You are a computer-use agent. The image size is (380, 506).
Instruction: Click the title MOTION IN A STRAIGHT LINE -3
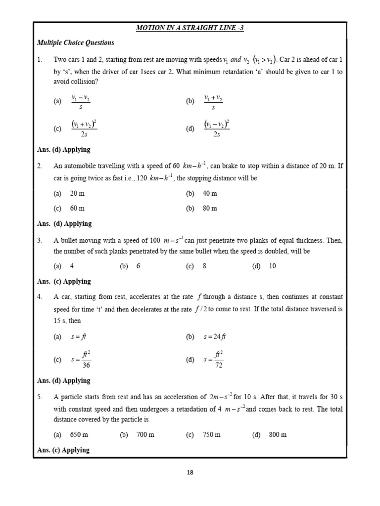point(190,28)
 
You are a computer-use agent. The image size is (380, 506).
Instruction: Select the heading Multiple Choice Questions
point(76,43)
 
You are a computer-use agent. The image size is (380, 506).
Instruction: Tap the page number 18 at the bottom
point(190,472)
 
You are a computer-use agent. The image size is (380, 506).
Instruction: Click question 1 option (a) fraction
point(81,101)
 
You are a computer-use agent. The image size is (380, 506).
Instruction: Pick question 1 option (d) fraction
point(216,129)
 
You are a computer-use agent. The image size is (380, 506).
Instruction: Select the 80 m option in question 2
point(210,208)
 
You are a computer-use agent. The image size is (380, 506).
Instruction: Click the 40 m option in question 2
point(210,193)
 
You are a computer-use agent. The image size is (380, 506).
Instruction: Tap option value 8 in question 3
point(204,266)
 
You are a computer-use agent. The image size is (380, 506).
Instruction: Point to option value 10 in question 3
point(272,266)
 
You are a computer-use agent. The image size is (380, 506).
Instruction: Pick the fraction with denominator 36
point(81,360)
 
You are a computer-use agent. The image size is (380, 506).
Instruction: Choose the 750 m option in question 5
point(211,435)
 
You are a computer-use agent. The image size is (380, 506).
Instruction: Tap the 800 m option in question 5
point(278,435)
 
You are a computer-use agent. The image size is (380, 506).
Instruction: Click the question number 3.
point(40,241)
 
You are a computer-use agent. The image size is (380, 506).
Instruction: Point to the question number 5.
point(40,397)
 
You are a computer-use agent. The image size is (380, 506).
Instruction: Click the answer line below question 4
point(64,380)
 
